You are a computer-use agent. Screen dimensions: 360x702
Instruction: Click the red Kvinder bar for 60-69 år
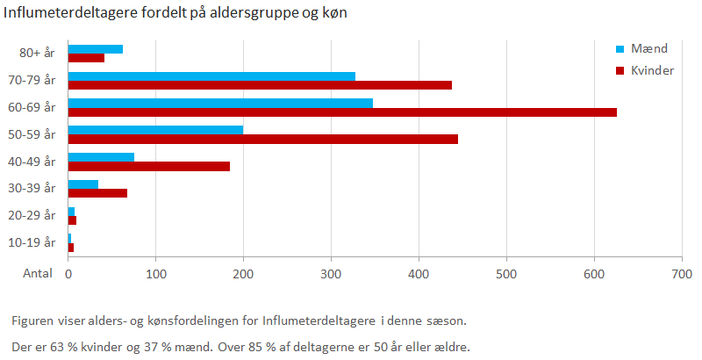[342, 112]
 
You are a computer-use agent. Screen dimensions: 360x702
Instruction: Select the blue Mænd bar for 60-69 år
[220, 103]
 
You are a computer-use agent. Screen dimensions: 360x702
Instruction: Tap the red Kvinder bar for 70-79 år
[260, 85]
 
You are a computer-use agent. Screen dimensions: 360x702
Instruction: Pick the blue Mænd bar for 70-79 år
[211, 76]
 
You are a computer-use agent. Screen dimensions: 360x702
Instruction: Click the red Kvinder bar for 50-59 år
[263, 139]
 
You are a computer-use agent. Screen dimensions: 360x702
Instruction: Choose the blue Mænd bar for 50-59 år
[155, 130]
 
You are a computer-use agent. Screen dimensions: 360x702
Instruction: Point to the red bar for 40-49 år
[149, 166]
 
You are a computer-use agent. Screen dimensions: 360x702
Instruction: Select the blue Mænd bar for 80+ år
[96, 49]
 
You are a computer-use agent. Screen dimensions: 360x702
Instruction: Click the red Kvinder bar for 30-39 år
[97, 192]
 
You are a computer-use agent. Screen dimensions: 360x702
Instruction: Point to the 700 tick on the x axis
[682, 274]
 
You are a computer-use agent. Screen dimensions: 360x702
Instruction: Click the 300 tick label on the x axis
[331, 274]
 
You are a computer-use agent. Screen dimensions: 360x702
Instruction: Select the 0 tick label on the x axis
[68, 274]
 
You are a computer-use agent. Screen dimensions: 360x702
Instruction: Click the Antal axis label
[37, 274]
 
